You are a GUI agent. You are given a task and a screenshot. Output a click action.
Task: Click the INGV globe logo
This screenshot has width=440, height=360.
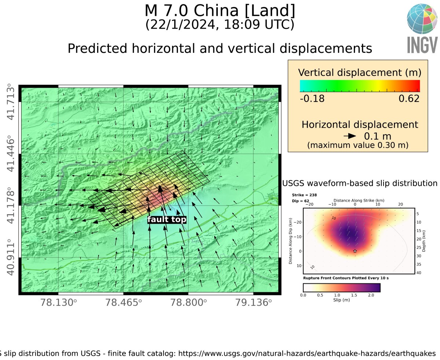pos(422,19)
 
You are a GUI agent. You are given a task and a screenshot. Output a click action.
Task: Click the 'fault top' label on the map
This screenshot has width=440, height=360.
pos(167,220)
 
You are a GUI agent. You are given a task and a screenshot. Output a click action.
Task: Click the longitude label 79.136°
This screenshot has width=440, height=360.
pos(254,303)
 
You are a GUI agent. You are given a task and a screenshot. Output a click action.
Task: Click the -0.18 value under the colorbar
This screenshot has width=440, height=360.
pos(312,99)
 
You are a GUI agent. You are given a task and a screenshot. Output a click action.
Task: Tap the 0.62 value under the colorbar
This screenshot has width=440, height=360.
pos(409,99)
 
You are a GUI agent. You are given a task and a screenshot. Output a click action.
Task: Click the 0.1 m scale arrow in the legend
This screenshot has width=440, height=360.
pos(350,136)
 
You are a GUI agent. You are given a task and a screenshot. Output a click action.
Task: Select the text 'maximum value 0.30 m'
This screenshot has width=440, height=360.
pos(358,145)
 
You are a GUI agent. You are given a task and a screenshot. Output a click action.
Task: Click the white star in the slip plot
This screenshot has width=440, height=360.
pos(355,251)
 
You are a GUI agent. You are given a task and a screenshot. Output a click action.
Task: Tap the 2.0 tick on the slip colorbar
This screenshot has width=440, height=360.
pos(371,295)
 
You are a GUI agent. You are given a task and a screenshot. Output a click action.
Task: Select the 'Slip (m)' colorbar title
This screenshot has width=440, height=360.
pos(342,300)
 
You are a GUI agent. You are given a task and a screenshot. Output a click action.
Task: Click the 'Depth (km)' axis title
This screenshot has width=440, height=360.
pos(424,241)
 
